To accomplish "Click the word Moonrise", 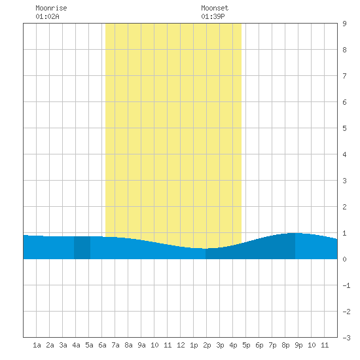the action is (x=51, y=8).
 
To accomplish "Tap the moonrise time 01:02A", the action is (x=47, y=16).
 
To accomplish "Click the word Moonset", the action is (x=215, y=8).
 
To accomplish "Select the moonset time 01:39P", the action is (x=213, y=16).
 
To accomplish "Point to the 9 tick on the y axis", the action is (x=344, y=24).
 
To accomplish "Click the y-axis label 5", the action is (x=344, y=128).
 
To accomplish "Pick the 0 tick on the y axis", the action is (x=344, y=259).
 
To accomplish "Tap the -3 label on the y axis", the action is (x=346, y=338).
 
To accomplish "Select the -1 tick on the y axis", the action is (x=346, y=285).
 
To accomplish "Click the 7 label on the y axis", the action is (x=344, y=76).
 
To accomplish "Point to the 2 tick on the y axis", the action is (x=344, y=207).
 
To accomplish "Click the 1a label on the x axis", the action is (x=37, y=345).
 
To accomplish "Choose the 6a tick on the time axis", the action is (x=102, y=345).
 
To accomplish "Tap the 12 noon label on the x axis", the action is (x=181, y=345).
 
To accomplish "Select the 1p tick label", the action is (x=194, y=345).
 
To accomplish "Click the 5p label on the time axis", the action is (x=246, y=345).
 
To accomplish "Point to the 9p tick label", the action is (x=298, y=345).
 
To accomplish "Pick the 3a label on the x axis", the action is (x=63, y=345).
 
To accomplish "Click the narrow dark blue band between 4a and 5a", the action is (x=82, y=247).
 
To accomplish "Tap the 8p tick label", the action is (x=285, y=345).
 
